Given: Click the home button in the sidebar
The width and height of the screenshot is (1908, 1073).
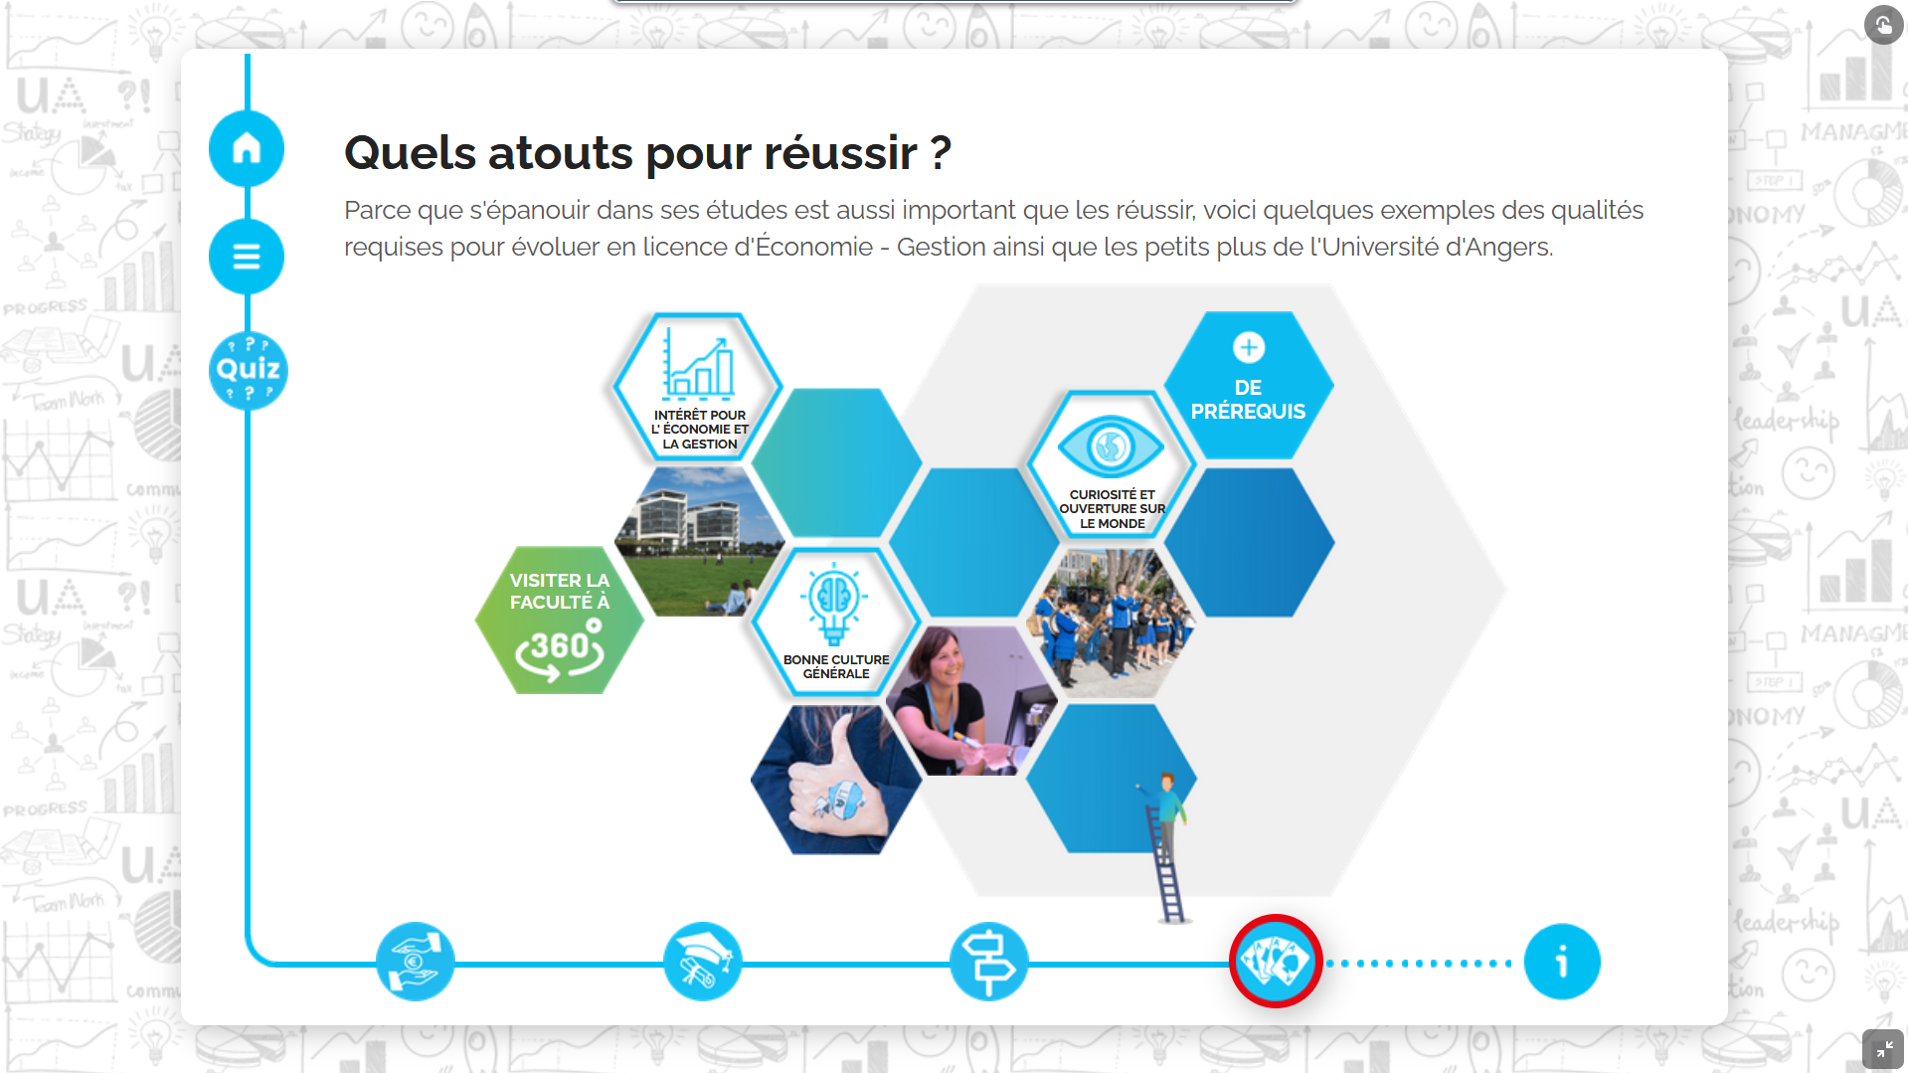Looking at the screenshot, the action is tap(247, 148).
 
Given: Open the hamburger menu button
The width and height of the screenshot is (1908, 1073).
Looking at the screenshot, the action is tap(247, 257).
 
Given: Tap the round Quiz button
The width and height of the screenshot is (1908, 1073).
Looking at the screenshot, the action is tap(249, 370).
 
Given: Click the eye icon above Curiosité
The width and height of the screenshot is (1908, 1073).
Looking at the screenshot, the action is tap(1111, 446).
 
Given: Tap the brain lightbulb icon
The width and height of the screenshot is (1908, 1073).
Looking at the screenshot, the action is tap(834, 604).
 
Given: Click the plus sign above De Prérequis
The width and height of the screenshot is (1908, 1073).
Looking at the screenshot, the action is tap(1249, 347).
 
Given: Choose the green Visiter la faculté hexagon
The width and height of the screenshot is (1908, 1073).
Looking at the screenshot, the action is tap(559, 620).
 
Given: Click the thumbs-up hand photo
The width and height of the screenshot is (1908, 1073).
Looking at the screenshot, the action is tap(836, 780).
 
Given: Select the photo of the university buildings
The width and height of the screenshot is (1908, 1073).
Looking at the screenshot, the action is tap(699, 542).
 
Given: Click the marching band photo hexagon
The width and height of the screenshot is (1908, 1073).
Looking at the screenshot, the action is tap(1112, 624).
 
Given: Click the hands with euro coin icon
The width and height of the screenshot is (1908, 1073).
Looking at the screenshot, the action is tap(416, 962).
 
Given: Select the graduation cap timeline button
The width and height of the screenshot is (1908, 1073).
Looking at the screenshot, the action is tap(703, 962).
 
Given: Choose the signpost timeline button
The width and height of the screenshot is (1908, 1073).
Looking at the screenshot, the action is tap(988, 962).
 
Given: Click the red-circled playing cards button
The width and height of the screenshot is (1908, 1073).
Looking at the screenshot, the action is tap(1276, 962).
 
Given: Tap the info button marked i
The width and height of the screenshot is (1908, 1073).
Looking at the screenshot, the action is tap(1562, 962).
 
